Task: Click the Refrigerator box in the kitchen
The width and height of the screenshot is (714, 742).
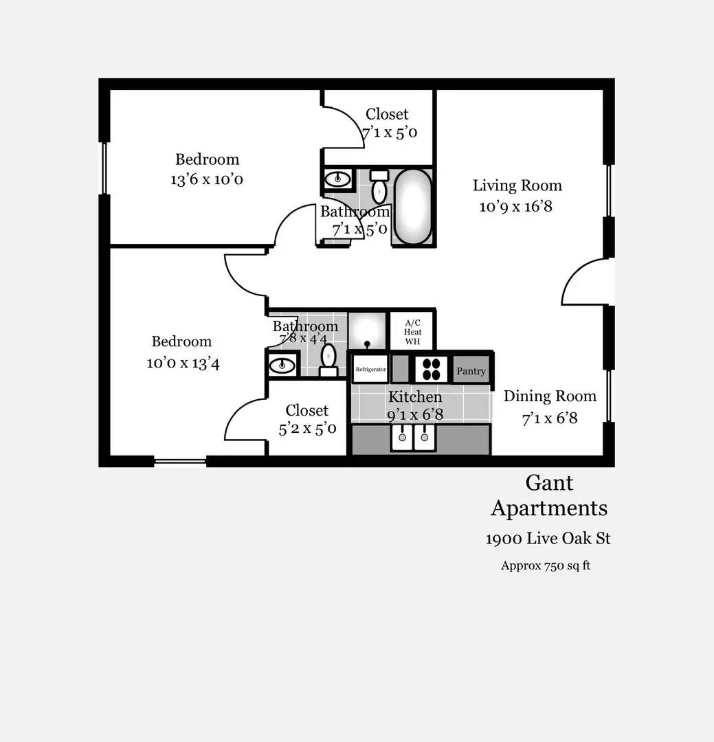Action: click(370, 369)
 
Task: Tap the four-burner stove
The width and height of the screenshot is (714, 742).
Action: click(431, 369)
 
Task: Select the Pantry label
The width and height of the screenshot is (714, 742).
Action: click(471, 371)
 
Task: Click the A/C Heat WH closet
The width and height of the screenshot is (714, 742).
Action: click(412, 332)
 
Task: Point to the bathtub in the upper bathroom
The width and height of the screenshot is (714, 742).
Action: click(412, 206)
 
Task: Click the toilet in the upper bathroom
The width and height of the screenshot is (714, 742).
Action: click(379, 186)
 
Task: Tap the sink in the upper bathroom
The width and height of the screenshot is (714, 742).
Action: click(337, 179)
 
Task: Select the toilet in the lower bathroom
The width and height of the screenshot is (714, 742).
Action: click(328, 359)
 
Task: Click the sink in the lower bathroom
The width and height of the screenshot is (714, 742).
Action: click(282, 365)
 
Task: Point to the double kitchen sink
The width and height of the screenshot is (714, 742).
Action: click(412, 437)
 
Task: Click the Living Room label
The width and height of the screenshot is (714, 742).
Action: click(517, 185)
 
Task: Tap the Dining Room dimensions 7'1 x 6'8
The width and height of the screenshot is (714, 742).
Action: click(549, 418)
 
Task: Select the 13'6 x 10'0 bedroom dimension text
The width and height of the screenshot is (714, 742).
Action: click(207, 180)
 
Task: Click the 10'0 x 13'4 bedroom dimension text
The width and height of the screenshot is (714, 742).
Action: click(183, 363)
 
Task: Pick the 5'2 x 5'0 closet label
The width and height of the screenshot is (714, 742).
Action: click(307, 429)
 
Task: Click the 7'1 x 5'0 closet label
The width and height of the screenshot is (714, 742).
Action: click(390, 133)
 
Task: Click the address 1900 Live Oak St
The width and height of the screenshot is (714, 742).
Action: click(548, 539)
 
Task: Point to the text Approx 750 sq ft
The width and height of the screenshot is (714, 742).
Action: click(546, 566)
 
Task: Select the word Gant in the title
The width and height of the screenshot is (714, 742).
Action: click(549, 483)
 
